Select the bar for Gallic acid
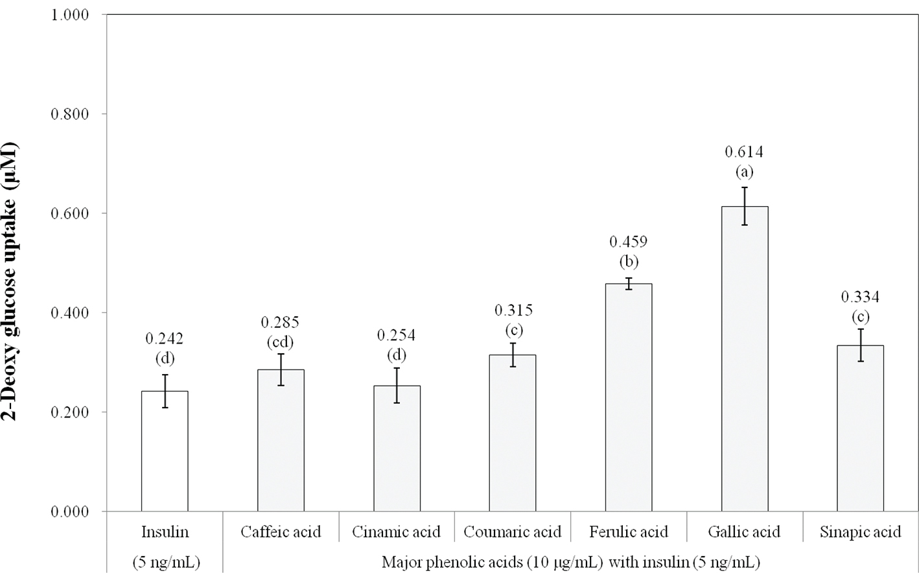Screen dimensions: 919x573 point(745,358)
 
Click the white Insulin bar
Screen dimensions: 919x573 point(165,451)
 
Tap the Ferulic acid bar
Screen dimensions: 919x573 point(629,397)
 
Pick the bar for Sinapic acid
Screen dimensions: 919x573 point(860,428)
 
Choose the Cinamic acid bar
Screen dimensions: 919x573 point(397,449)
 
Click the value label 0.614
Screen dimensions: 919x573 point(744,152)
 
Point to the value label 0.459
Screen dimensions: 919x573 point(629,242)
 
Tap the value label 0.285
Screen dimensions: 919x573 point(280,323)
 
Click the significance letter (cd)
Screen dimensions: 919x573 point(280,342)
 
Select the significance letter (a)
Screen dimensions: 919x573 point(744,172)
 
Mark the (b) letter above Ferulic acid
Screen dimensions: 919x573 point(629,261)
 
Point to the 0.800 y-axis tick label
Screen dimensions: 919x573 point(70,114)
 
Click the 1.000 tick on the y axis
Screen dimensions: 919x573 point(70,15)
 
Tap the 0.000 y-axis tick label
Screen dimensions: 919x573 point(70,512)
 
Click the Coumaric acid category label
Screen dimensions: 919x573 point(513,532)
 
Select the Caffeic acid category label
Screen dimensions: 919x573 point(281,532)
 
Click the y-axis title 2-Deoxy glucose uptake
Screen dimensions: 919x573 point(10,282)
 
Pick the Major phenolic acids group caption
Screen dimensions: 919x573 point(571,562)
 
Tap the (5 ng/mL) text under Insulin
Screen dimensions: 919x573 point(166,562)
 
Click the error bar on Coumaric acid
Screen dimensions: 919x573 point(513,355)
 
